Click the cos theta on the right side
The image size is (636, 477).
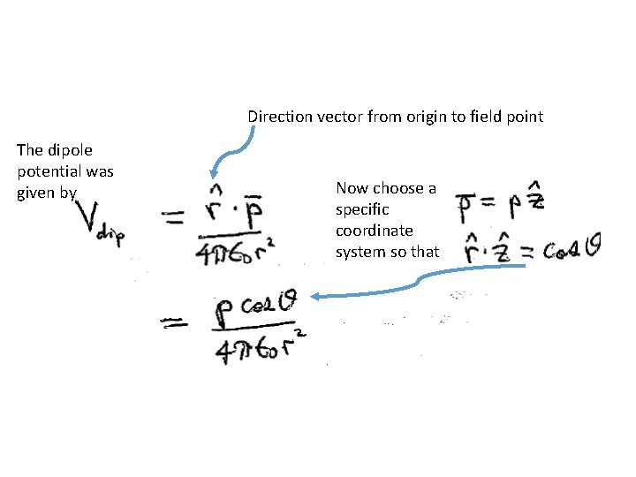click(572, 250)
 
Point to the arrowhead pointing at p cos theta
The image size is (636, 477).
click(316, 297)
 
